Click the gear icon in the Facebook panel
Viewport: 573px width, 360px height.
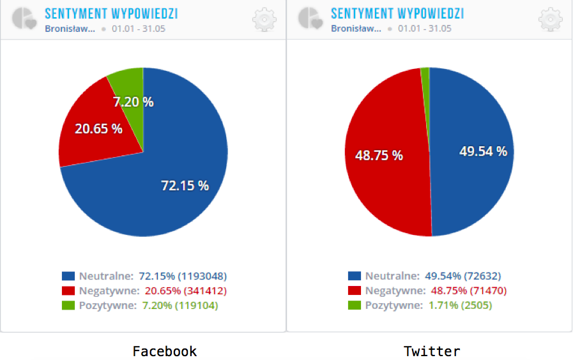click(264, 20)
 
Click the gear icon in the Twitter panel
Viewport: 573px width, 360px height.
click(551, 20)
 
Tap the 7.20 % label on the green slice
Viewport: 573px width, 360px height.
click(134, 101)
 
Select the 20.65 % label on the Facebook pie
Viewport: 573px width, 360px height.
click(98, 128)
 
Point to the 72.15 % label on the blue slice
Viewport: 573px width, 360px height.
click(185, 186)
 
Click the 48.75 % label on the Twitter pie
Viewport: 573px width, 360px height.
click(379, 155)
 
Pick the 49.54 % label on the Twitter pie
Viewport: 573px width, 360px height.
click(483, 151)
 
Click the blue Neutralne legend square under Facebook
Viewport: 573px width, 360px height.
click(68, 276)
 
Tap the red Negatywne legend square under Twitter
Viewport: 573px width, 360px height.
click(354, 291)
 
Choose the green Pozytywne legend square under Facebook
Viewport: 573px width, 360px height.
click(68, 305)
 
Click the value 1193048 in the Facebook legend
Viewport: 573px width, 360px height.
click(202, 276)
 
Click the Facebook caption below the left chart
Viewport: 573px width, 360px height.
click(164, 351)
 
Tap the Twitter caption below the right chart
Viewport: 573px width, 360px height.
click(432, 351)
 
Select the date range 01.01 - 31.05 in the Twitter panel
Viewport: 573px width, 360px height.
click(424, 29)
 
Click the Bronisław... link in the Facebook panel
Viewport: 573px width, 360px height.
click(70, 29)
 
